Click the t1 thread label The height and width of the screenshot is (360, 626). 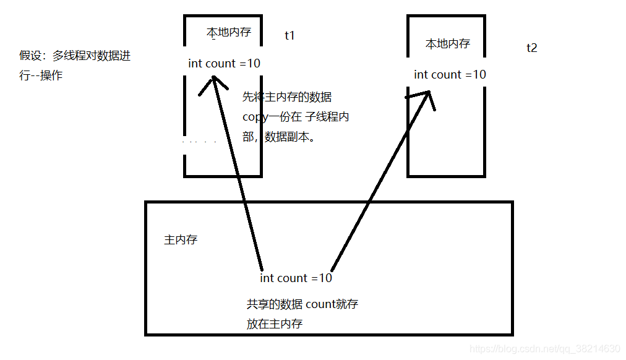coord(289,35)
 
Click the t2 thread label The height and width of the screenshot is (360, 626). coord(531,48)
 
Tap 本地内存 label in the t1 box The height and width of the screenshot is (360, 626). coord(228,32)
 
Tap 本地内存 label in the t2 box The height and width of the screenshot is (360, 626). coord(447,44)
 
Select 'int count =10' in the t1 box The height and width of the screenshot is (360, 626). coord(224,63)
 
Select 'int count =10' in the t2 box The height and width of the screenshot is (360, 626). coord(450,74)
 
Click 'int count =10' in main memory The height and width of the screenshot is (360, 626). coord(296,278)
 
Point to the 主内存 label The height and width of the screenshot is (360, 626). coord(181,239)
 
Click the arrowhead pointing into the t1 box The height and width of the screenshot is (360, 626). coord(214,80)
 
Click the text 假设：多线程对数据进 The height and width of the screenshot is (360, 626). coord(75,56)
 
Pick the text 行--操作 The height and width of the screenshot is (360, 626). coord(41,75)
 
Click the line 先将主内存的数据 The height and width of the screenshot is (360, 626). coord(287,97)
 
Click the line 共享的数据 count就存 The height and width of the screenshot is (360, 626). coord(302,304)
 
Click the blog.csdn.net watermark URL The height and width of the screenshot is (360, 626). coord(544,349)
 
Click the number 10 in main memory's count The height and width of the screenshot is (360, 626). coord(325,278)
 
